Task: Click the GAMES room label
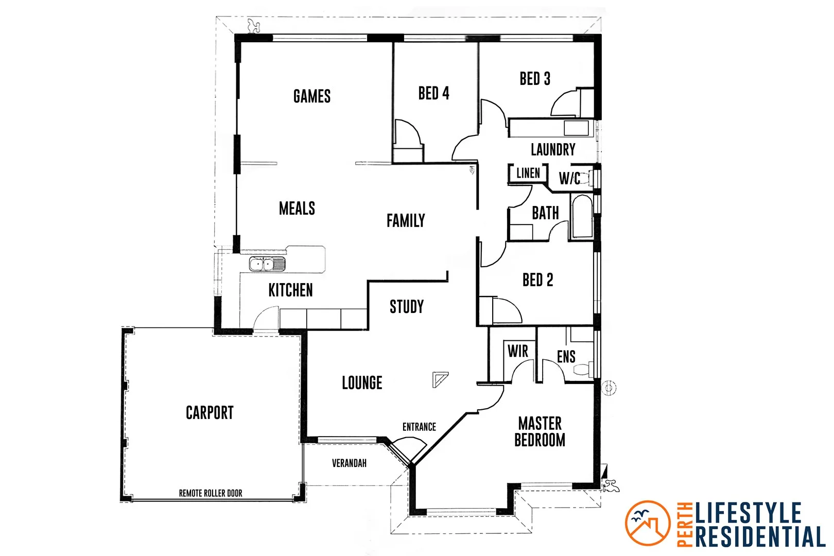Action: pos(312,96)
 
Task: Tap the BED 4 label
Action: pos(433,93)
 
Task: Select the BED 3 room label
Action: pos(535,79)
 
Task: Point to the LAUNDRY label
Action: pos(553,149)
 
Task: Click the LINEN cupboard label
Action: pos(528,173)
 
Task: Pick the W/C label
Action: pos(570,179)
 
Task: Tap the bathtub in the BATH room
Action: pos(582,216)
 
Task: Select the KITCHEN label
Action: pos(290,290)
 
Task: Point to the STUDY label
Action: pos(407,307)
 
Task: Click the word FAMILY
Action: pos(406,221)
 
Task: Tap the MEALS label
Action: pos(297,208)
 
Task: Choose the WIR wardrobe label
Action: pos(518,351)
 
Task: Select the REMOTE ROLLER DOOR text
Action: pos(211,493)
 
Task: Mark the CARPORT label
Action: pos(210,412)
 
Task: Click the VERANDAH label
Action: pos(349,463)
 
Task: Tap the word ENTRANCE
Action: pos(419,427)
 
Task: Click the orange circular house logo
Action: pos(648,523)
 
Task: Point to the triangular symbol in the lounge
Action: pos(439,379)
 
